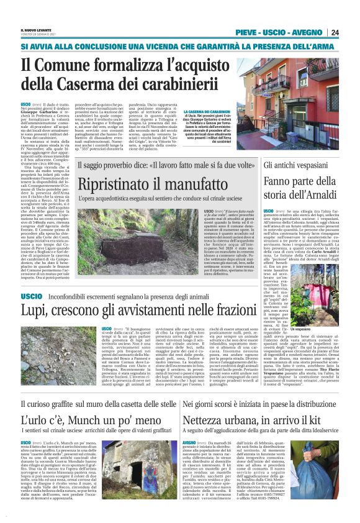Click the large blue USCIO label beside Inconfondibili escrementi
pyautogui.click(x=31, y=297)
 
